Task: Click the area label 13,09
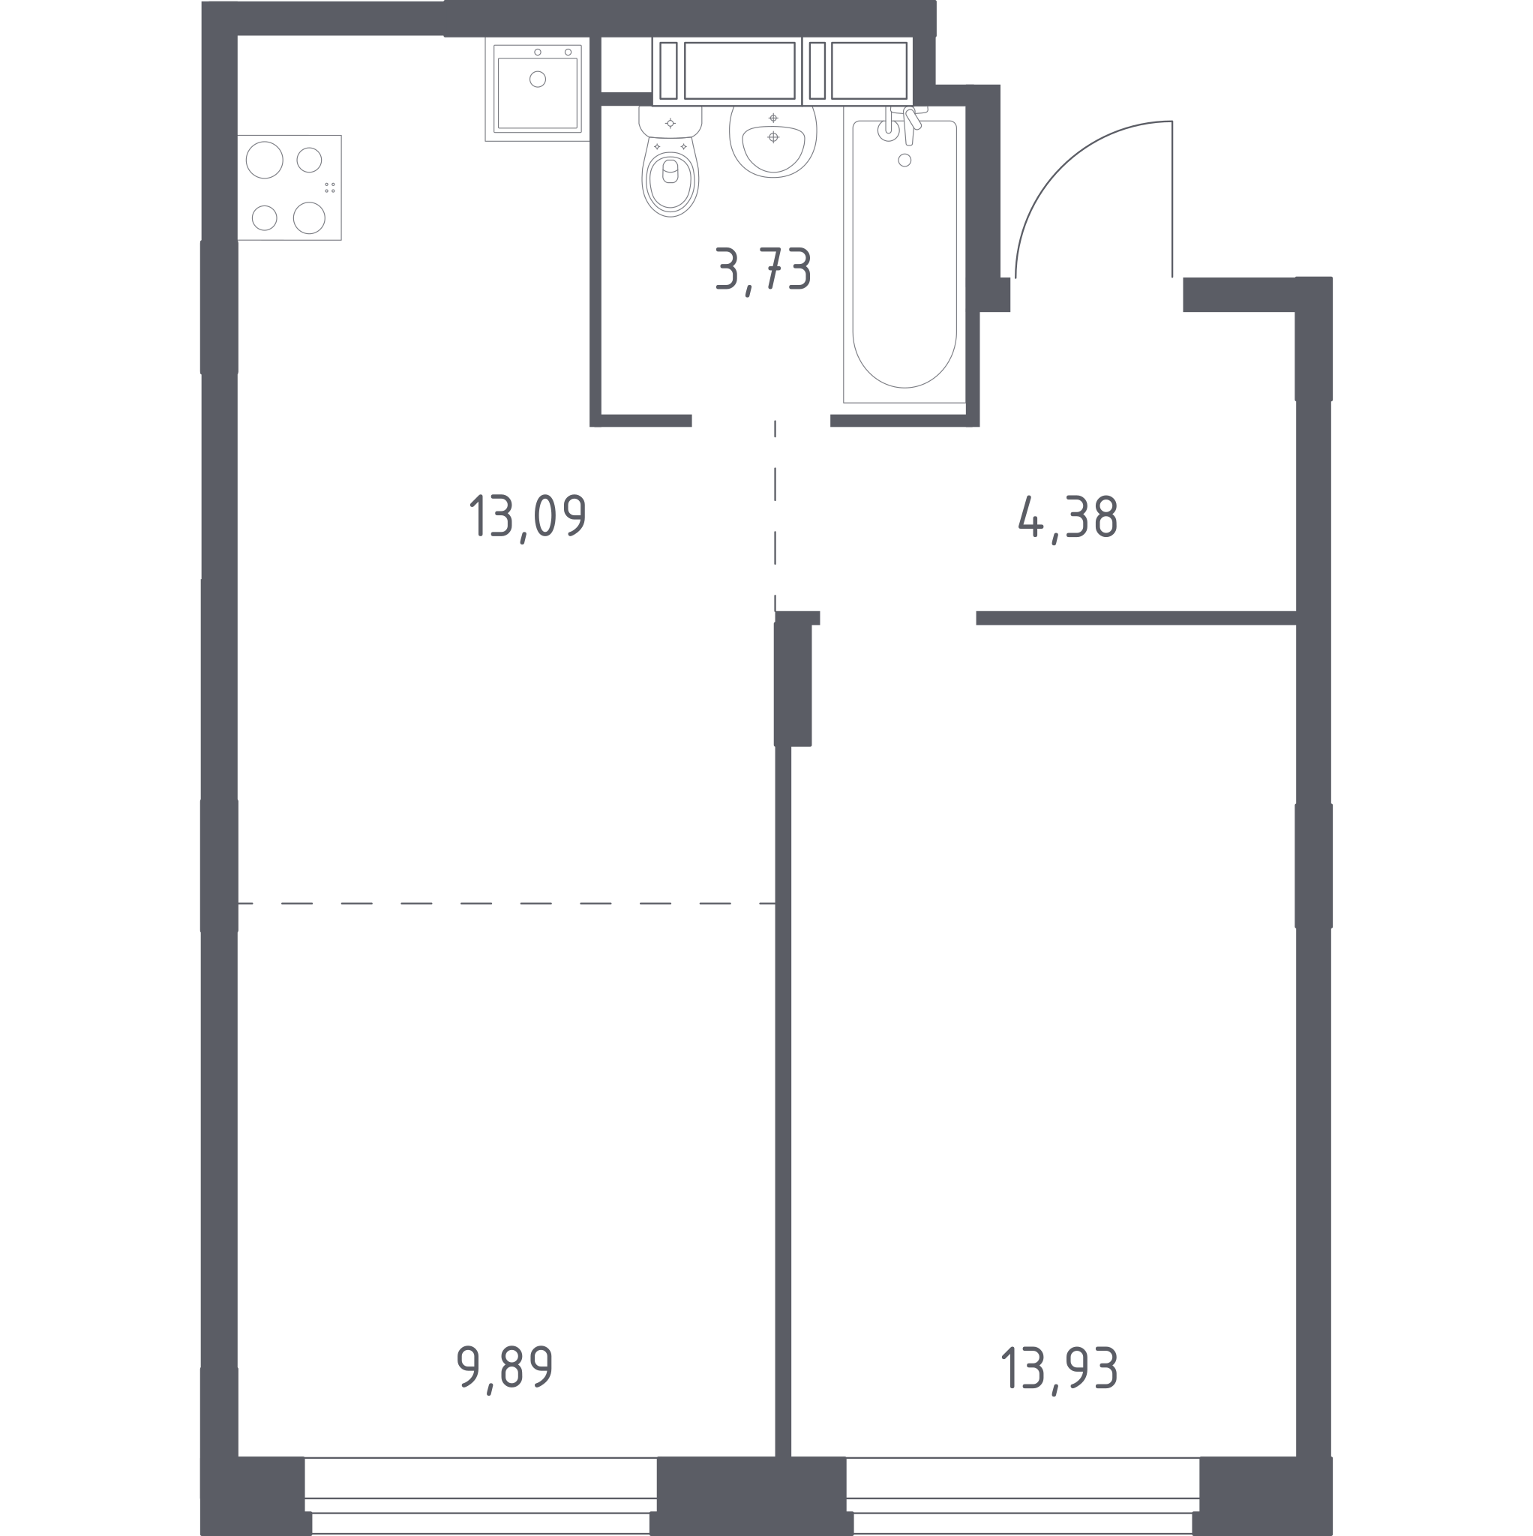pyautogui.click(x=528, y=517)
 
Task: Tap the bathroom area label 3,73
pyautogui.click(x=763, y=269)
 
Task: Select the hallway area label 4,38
pyautogui.click(x=1068, y=517)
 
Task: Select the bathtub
pyautogui.click(x=904, y=254)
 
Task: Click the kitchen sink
pyautogui.click(x=538, y=88)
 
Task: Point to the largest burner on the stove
pyautogui.click(x=265, y=160)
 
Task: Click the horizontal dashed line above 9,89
pyautogui.click(x=506, y=904)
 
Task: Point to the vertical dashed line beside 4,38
pyautogui.click(x=775, y=515)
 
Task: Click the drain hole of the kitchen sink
pyautogui.click(x=538, y=79)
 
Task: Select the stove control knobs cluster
pyautogui.click(x=330, y=187)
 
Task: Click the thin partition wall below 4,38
pyautogui.click(x=1136, y=618)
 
